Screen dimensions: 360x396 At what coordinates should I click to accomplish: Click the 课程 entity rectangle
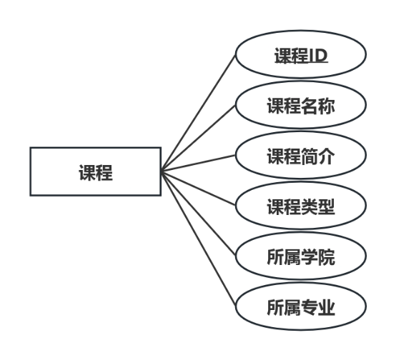(x=95, y=171)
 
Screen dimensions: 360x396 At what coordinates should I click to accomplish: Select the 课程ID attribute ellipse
(x=301, y=56)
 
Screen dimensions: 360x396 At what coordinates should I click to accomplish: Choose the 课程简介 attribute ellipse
(x=301, y=157)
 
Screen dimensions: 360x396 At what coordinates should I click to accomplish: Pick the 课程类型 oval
(x=301, y=208)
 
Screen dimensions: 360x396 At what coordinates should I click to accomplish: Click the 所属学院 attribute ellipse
(x=301, y=258)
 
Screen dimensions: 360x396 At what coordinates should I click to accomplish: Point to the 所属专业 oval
(x=301, y=309)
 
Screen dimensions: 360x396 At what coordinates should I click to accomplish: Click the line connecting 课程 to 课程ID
(x=199, y=114)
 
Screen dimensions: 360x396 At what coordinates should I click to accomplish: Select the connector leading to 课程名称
(x=199, y=139)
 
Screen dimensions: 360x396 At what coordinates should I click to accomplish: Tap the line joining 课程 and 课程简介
(x=199, y=164)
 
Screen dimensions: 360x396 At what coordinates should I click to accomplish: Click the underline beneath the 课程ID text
(x=301, y=64)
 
